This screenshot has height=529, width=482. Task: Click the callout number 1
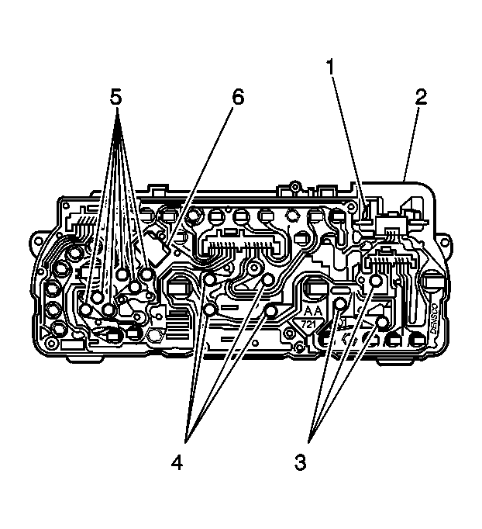pyautogui.click(x=331, y=67)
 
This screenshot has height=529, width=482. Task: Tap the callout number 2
pyautogui.click(x=420, y=97)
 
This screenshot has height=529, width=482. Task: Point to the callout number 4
pyautogui.click(x=177, y=463)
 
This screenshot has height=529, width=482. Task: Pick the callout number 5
pyautogui.click(x=115, y=99)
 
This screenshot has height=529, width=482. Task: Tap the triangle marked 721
pyautogui.click(x=309, y=323)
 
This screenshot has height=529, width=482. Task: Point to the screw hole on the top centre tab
pyautogui.click(x=294, y=187)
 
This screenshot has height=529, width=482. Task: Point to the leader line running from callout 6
pyautogui.click(x=203, y=175)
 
